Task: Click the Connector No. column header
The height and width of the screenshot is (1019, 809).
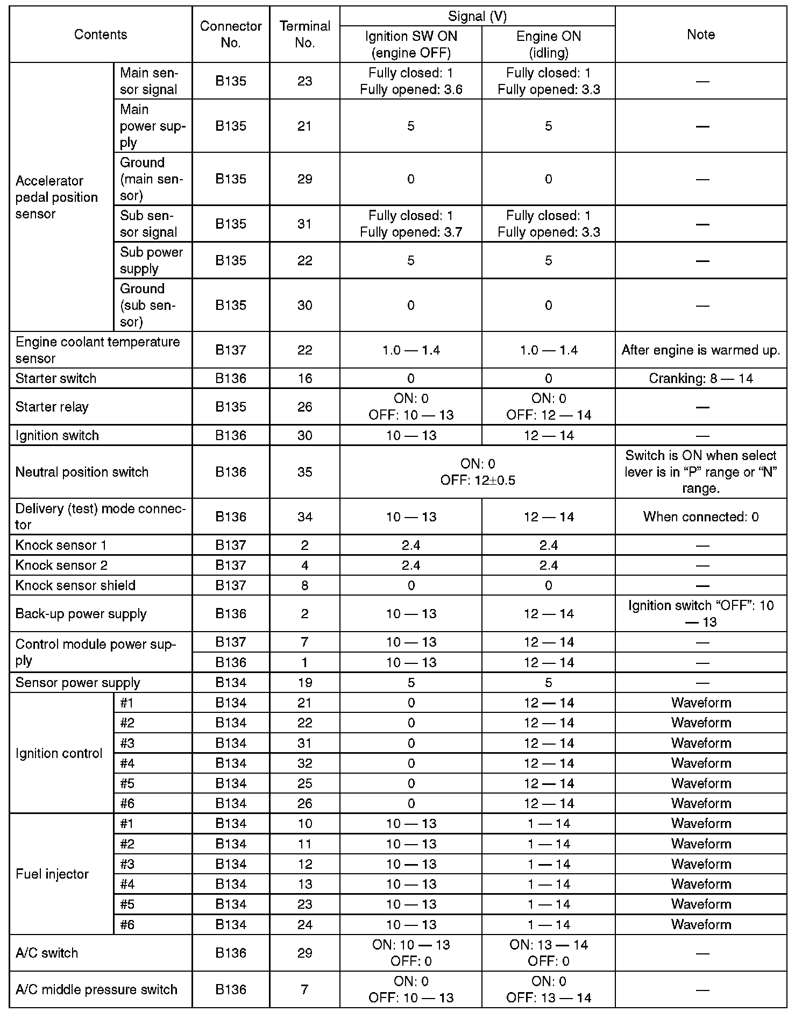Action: (x=230, y=34)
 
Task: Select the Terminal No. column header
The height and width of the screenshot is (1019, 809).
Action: (x=304, y=34)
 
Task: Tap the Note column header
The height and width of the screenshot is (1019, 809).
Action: (x=701, y=34)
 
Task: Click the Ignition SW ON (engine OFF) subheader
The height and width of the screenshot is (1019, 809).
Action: (x=411, y=44)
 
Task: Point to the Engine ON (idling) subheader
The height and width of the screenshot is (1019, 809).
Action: (x=548, y=44)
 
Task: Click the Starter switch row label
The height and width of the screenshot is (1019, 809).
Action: (x=56, y=378)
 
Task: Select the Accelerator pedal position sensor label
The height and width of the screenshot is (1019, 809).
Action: (x=56, y=197)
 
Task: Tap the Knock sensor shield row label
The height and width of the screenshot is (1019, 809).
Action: (x=75, y=585)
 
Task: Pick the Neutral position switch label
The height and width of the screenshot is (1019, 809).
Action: (x=82, y=472)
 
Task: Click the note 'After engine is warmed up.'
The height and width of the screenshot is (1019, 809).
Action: (x=701, y=350)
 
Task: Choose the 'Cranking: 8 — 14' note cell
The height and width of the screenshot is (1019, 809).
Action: (x=701, y=378)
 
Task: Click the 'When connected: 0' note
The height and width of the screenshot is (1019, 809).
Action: (x=701, y=517)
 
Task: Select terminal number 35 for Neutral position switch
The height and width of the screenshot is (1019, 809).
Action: (x=304, y=472)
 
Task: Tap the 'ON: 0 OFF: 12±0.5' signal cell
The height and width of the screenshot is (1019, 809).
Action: (x=478, y=472)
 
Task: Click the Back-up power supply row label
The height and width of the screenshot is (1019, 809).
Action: (x=81, y=614)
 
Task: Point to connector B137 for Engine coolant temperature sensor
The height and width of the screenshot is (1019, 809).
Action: (x=230, y=350)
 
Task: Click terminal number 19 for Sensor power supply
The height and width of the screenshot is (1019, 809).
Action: (x=304, y=683)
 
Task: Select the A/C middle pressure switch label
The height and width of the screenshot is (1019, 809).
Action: (x=96, y=989)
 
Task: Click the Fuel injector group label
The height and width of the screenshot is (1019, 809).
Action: (x=52, y=874)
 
